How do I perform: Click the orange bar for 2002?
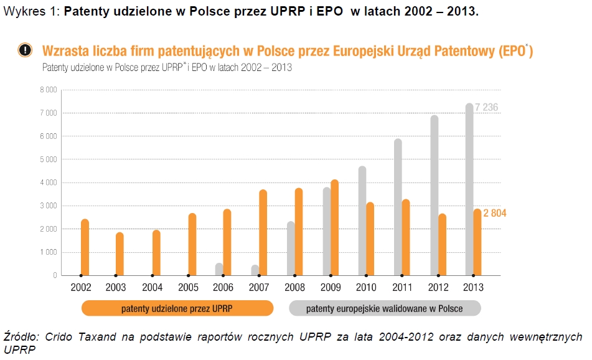point(85,247)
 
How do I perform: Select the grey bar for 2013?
point(469,189)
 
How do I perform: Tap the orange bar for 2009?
point(335,227)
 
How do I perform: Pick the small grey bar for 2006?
point(219,269)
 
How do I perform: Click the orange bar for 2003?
point(120,253)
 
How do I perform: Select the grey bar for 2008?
point(291,248)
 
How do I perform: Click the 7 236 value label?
point(486,108)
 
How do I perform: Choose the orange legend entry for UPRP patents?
point(177,308)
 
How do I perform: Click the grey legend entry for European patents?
point(385,308)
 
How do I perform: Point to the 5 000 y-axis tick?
point(49,159)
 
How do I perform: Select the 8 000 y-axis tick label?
point(49,90)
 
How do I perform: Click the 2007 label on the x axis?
point(260,288)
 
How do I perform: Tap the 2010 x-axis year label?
point(366,288)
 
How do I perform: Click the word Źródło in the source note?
point(21,337)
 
